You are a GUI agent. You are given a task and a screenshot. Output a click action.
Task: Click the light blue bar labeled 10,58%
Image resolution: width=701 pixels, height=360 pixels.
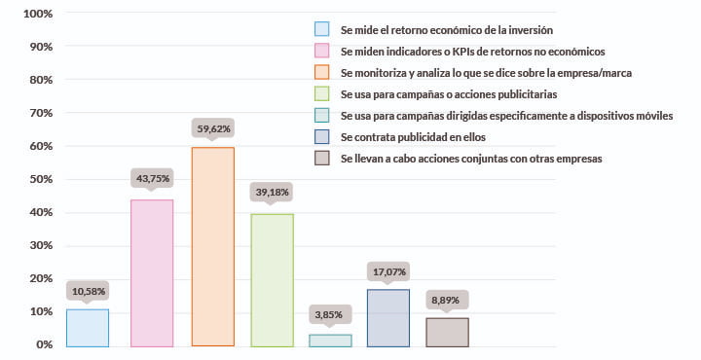(88, 328)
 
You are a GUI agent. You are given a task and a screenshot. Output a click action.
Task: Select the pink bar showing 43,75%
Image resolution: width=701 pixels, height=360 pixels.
(152, 273)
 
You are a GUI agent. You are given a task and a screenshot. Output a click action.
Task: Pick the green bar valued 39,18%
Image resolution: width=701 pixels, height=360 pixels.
(272, 280)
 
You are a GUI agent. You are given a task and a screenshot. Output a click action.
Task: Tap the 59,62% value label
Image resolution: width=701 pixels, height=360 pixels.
(211, 127)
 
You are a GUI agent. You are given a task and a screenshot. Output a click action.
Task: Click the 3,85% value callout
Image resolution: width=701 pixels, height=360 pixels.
(330, 314)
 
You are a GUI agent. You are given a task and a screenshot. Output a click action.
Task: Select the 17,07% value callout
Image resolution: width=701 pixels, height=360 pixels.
(387, 270)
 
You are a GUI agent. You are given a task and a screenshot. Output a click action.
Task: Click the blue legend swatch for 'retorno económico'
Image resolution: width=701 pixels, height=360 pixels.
(321, 29)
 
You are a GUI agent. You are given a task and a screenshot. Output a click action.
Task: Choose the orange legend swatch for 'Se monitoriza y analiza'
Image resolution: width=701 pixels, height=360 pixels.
(321, 72)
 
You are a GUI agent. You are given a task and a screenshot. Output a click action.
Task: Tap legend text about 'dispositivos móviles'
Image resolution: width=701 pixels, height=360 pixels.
(506, 115)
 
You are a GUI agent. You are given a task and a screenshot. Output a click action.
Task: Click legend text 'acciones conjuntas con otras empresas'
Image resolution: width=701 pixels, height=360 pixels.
(471, 158)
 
